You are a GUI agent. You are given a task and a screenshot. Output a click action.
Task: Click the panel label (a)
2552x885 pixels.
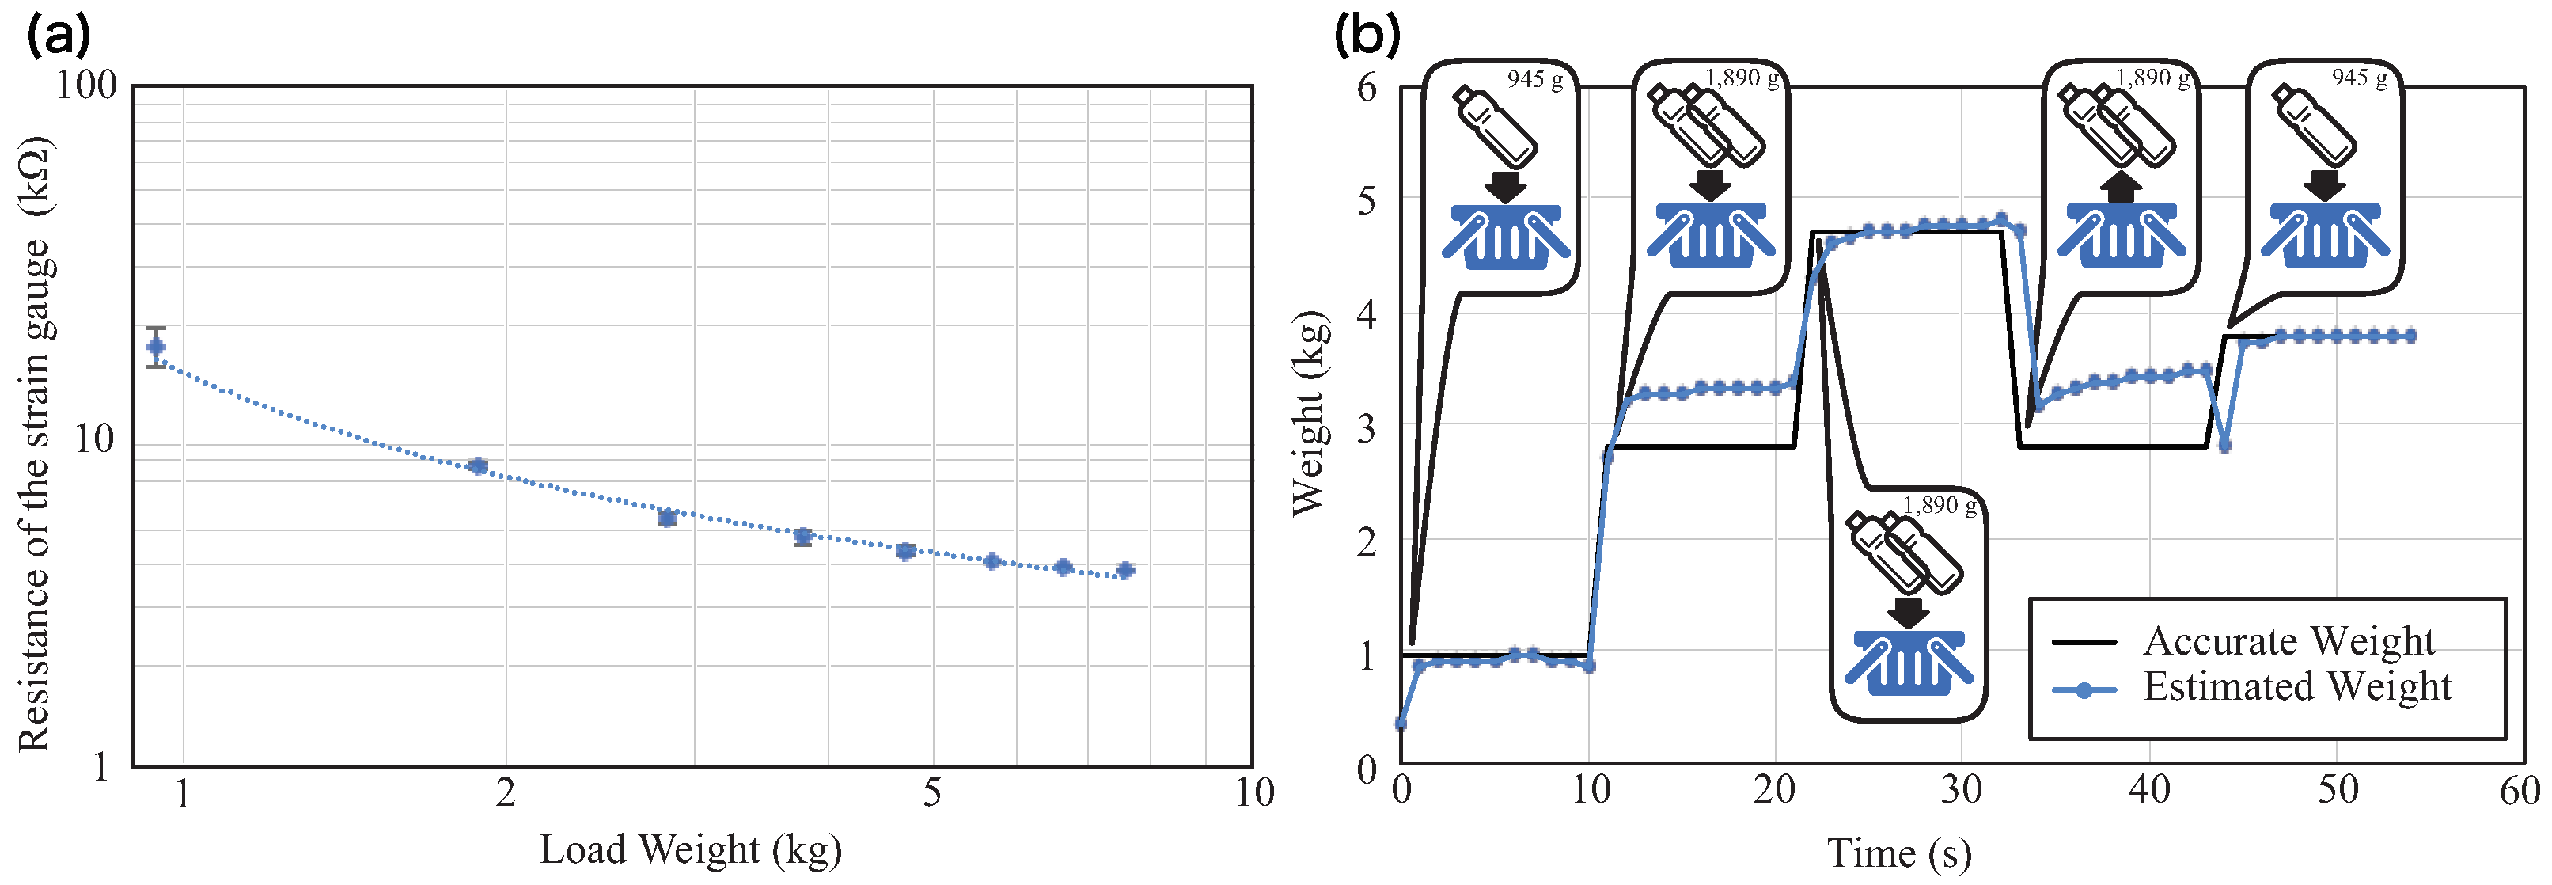point(59,36)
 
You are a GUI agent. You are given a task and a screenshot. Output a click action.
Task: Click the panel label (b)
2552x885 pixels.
point(1367,36)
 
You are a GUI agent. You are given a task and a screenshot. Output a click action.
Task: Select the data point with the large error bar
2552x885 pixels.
point(157,347)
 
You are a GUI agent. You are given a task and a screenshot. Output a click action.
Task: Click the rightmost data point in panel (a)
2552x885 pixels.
point(1124,571)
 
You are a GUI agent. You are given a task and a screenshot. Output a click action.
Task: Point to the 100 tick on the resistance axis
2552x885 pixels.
point(87,85)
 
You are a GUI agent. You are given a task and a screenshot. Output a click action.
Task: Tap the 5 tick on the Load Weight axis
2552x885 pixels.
point(931,793)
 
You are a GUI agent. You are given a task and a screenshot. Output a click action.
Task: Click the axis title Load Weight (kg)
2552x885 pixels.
point(691,850)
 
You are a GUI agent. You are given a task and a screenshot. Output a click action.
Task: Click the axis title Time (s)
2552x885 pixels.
point(1898,853)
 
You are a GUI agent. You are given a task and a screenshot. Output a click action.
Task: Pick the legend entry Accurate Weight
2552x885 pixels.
point(2288,641)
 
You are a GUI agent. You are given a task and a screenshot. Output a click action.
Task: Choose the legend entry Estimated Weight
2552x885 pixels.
point(2296,686)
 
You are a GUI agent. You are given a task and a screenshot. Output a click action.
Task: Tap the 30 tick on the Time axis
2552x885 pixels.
point(1961,791)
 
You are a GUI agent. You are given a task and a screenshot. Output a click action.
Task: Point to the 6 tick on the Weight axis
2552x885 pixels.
point(1367,87)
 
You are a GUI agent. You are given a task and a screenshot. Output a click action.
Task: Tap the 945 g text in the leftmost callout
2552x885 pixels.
point(1534,79)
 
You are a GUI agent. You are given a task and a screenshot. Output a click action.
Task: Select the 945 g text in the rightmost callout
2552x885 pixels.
point(2359,78)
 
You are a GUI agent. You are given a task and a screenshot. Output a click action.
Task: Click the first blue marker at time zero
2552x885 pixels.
point(1401,724)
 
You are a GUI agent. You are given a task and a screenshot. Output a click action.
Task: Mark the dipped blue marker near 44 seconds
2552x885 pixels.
point(2225,446)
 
